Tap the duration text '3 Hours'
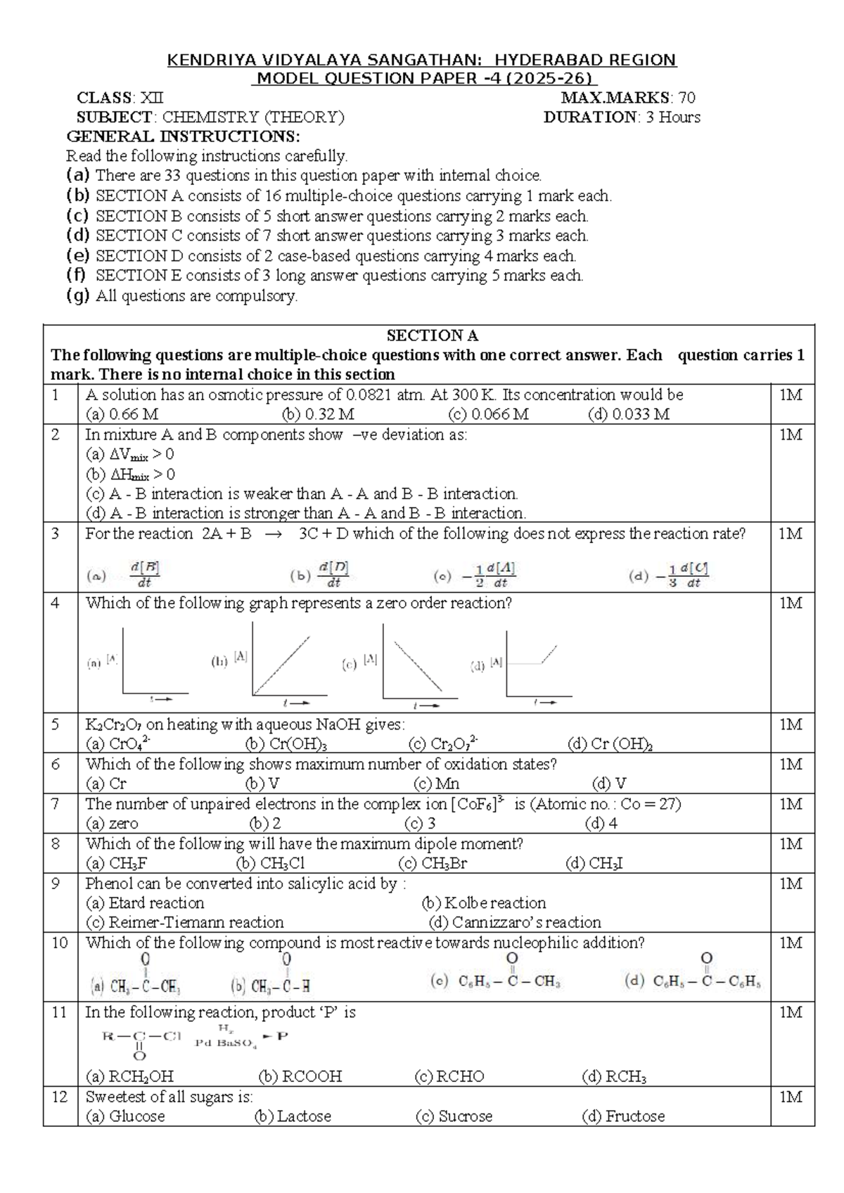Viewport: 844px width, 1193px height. coord(673,117)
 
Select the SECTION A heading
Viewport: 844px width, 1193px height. coord(432,336)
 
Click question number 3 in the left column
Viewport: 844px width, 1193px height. coord(56,534)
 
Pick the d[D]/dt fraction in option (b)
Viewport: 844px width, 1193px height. coord(335,574)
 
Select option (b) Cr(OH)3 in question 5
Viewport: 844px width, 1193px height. coord(286,744)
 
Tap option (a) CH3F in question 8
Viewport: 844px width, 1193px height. coord(116,863)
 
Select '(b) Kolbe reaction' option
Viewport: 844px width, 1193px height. coord(484,903)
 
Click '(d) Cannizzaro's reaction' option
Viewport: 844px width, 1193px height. coord(515,922)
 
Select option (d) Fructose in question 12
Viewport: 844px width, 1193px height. coord(623,1116)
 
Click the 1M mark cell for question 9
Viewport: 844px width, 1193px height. coord(791,884)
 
